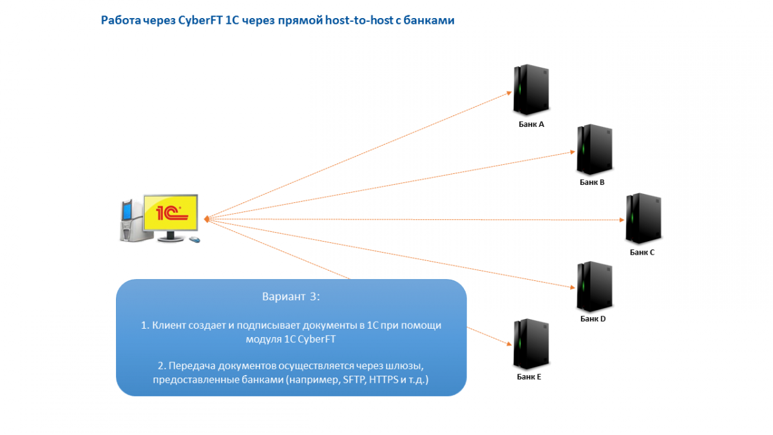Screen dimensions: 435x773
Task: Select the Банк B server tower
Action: pyautogui.click(x=593, y=150)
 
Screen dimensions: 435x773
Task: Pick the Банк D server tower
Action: pyautogui.click(x=593, y=286)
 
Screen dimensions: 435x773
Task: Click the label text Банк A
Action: pyautogui.click(x=531, y=124)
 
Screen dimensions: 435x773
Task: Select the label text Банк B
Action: pyautogui.click(x=592, y=182)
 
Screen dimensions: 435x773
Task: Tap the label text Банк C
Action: pyautogui.click(x=642, y=252)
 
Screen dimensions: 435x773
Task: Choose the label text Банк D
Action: pyautogui.click(x=593, y=318)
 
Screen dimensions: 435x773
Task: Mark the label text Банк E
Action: pyautogui.click(x=529, y=377)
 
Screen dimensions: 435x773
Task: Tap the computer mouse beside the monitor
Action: pyautogui.click(x=194, y=240)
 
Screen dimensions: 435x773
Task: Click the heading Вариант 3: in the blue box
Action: pyautogui.click(x=291, y=297)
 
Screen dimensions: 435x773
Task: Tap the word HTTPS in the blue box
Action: pyautogui.click(x=384, y=381)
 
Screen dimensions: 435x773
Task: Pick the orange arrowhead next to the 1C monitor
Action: pyautogui.click(x=206, y=220)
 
